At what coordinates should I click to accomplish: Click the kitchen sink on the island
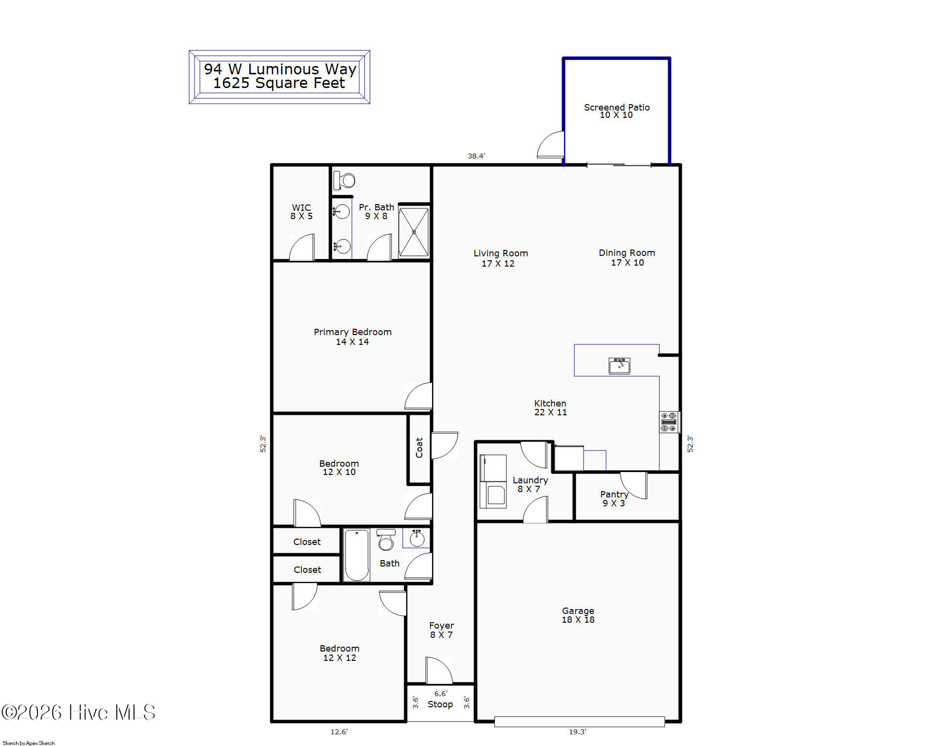pyautogui.click(x=619, y=366)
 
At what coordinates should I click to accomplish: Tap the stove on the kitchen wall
pyautogui.click(x=669, y=422)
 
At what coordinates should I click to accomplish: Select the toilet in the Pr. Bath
pyautogui.click(x=344, y=181)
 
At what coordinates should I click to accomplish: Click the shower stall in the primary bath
pyautogui.click(x=414, y=232)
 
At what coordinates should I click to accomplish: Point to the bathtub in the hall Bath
pyautogui.click(x=357, y=555)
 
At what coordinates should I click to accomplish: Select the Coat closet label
pyautogui.click(x=419, y=448)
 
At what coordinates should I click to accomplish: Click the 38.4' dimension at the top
pyautogui.click(x=476, y=156)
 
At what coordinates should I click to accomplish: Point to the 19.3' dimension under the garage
pyautogui.click(x=577, y=732)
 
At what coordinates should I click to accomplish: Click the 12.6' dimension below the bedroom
pyautogui.click(x=339, y=732)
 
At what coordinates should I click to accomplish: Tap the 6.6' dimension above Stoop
pyautogui.click(x=440, y=694)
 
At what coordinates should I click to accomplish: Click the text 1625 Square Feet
pyautogui.click(x=279, y=83)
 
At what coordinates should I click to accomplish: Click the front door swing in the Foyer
pyautogui.click(x=439, y=670)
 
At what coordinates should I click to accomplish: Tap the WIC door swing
pyautogui.click(x=302, y=247)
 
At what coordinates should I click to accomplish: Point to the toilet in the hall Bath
pyautogui.click(x=386, y=540)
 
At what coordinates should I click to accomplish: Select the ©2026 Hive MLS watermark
pyautogui.click(x=78, y=712)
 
